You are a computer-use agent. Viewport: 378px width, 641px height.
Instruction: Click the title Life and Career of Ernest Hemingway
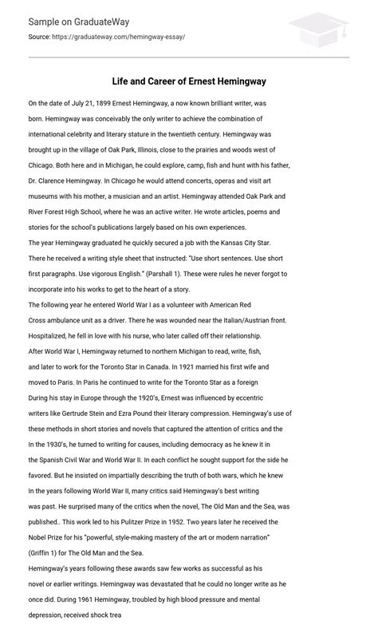[188, 81]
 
